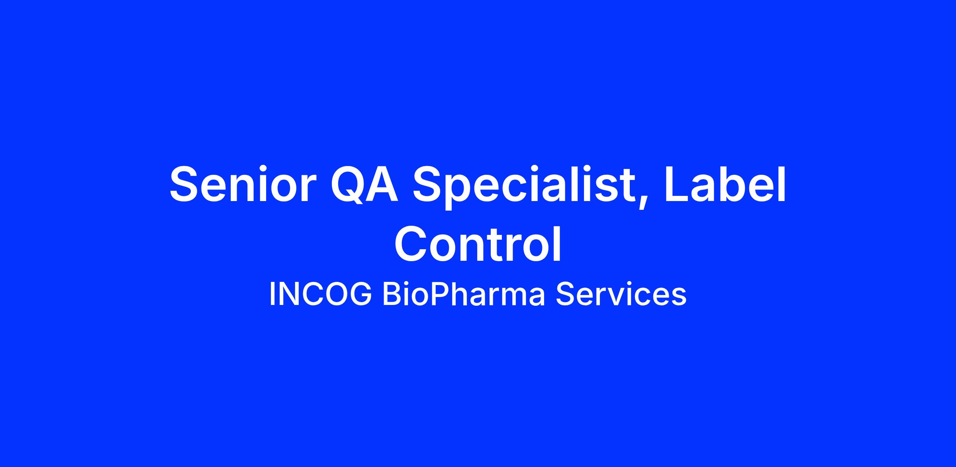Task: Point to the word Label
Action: coord(725,184)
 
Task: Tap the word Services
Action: coord(621,294)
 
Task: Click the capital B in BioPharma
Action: coord(392,294)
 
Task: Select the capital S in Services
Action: coord(565,294)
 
